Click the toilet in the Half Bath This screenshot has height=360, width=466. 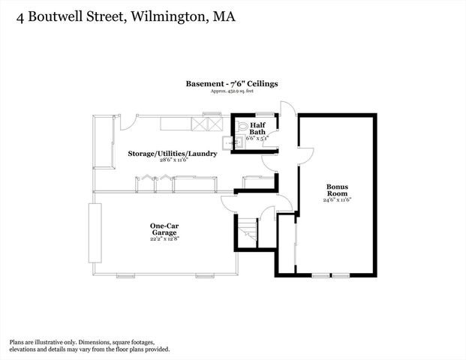pos(242,127)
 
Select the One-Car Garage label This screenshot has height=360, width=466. pos(163,229)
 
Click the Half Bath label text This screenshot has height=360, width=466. pos(257,128)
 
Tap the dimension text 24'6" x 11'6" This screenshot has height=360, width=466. pos(337,200)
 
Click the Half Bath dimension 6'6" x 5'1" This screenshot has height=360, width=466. pos(257,139)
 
